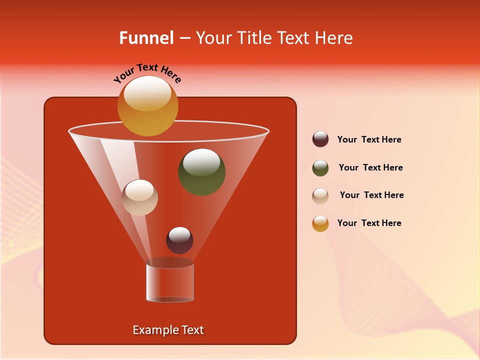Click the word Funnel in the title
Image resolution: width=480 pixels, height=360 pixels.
point(146,38)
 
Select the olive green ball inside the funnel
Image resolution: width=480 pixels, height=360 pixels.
point(202,172)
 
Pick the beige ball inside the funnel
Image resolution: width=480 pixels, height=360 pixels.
point(140,197)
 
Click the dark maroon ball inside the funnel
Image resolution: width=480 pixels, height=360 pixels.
point(179,240)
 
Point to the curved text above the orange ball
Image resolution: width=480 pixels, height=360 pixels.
point(147,74)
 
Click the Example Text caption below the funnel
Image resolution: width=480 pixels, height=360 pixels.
point(168,330)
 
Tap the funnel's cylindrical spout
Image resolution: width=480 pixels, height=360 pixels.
point(170,282)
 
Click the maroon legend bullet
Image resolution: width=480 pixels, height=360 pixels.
point(320,139)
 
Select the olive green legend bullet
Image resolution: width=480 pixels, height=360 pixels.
point(320,168)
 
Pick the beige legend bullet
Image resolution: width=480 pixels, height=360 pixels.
point(320,195)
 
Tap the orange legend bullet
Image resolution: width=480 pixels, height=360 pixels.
point(320,223)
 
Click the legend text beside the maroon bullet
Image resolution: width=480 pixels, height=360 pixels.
point(369,140)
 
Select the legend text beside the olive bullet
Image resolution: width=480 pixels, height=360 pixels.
point(370,167)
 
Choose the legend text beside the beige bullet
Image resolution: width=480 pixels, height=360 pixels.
point(371,195)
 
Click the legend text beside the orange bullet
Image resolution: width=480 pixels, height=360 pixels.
point(369,223)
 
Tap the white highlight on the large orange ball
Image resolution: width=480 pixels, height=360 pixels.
point(147,93)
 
